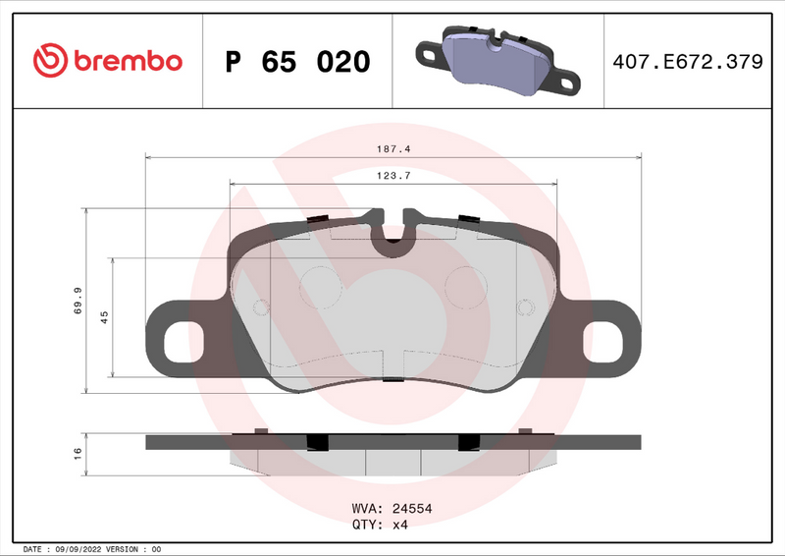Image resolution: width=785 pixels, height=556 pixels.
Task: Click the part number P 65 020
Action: click(297, 62)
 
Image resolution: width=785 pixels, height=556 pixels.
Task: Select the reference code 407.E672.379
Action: click(687, 62)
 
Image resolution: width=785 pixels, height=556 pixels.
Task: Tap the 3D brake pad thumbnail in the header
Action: click(497, 61)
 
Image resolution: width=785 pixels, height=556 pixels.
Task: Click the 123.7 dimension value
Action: click(392, 175)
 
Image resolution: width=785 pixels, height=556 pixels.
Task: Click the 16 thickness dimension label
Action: click(78, 453)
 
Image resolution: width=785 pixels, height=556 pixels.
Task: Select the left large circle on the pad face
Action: click(316, 286)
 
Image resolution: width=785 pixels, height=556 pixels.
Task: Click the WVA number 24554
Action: click(413, 509)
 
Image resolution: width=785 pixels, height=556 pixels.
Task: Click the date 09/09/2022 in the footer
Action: click(78, 549)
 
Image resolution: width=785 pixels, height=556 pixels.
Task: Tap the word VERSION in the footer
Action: click(122, 549)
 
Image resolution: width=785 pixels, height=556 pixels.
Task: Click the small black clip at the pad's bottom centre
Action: click(392, 381)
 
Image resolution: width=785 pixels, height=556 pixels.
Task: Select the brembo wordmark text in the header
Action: click(125, 61)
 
